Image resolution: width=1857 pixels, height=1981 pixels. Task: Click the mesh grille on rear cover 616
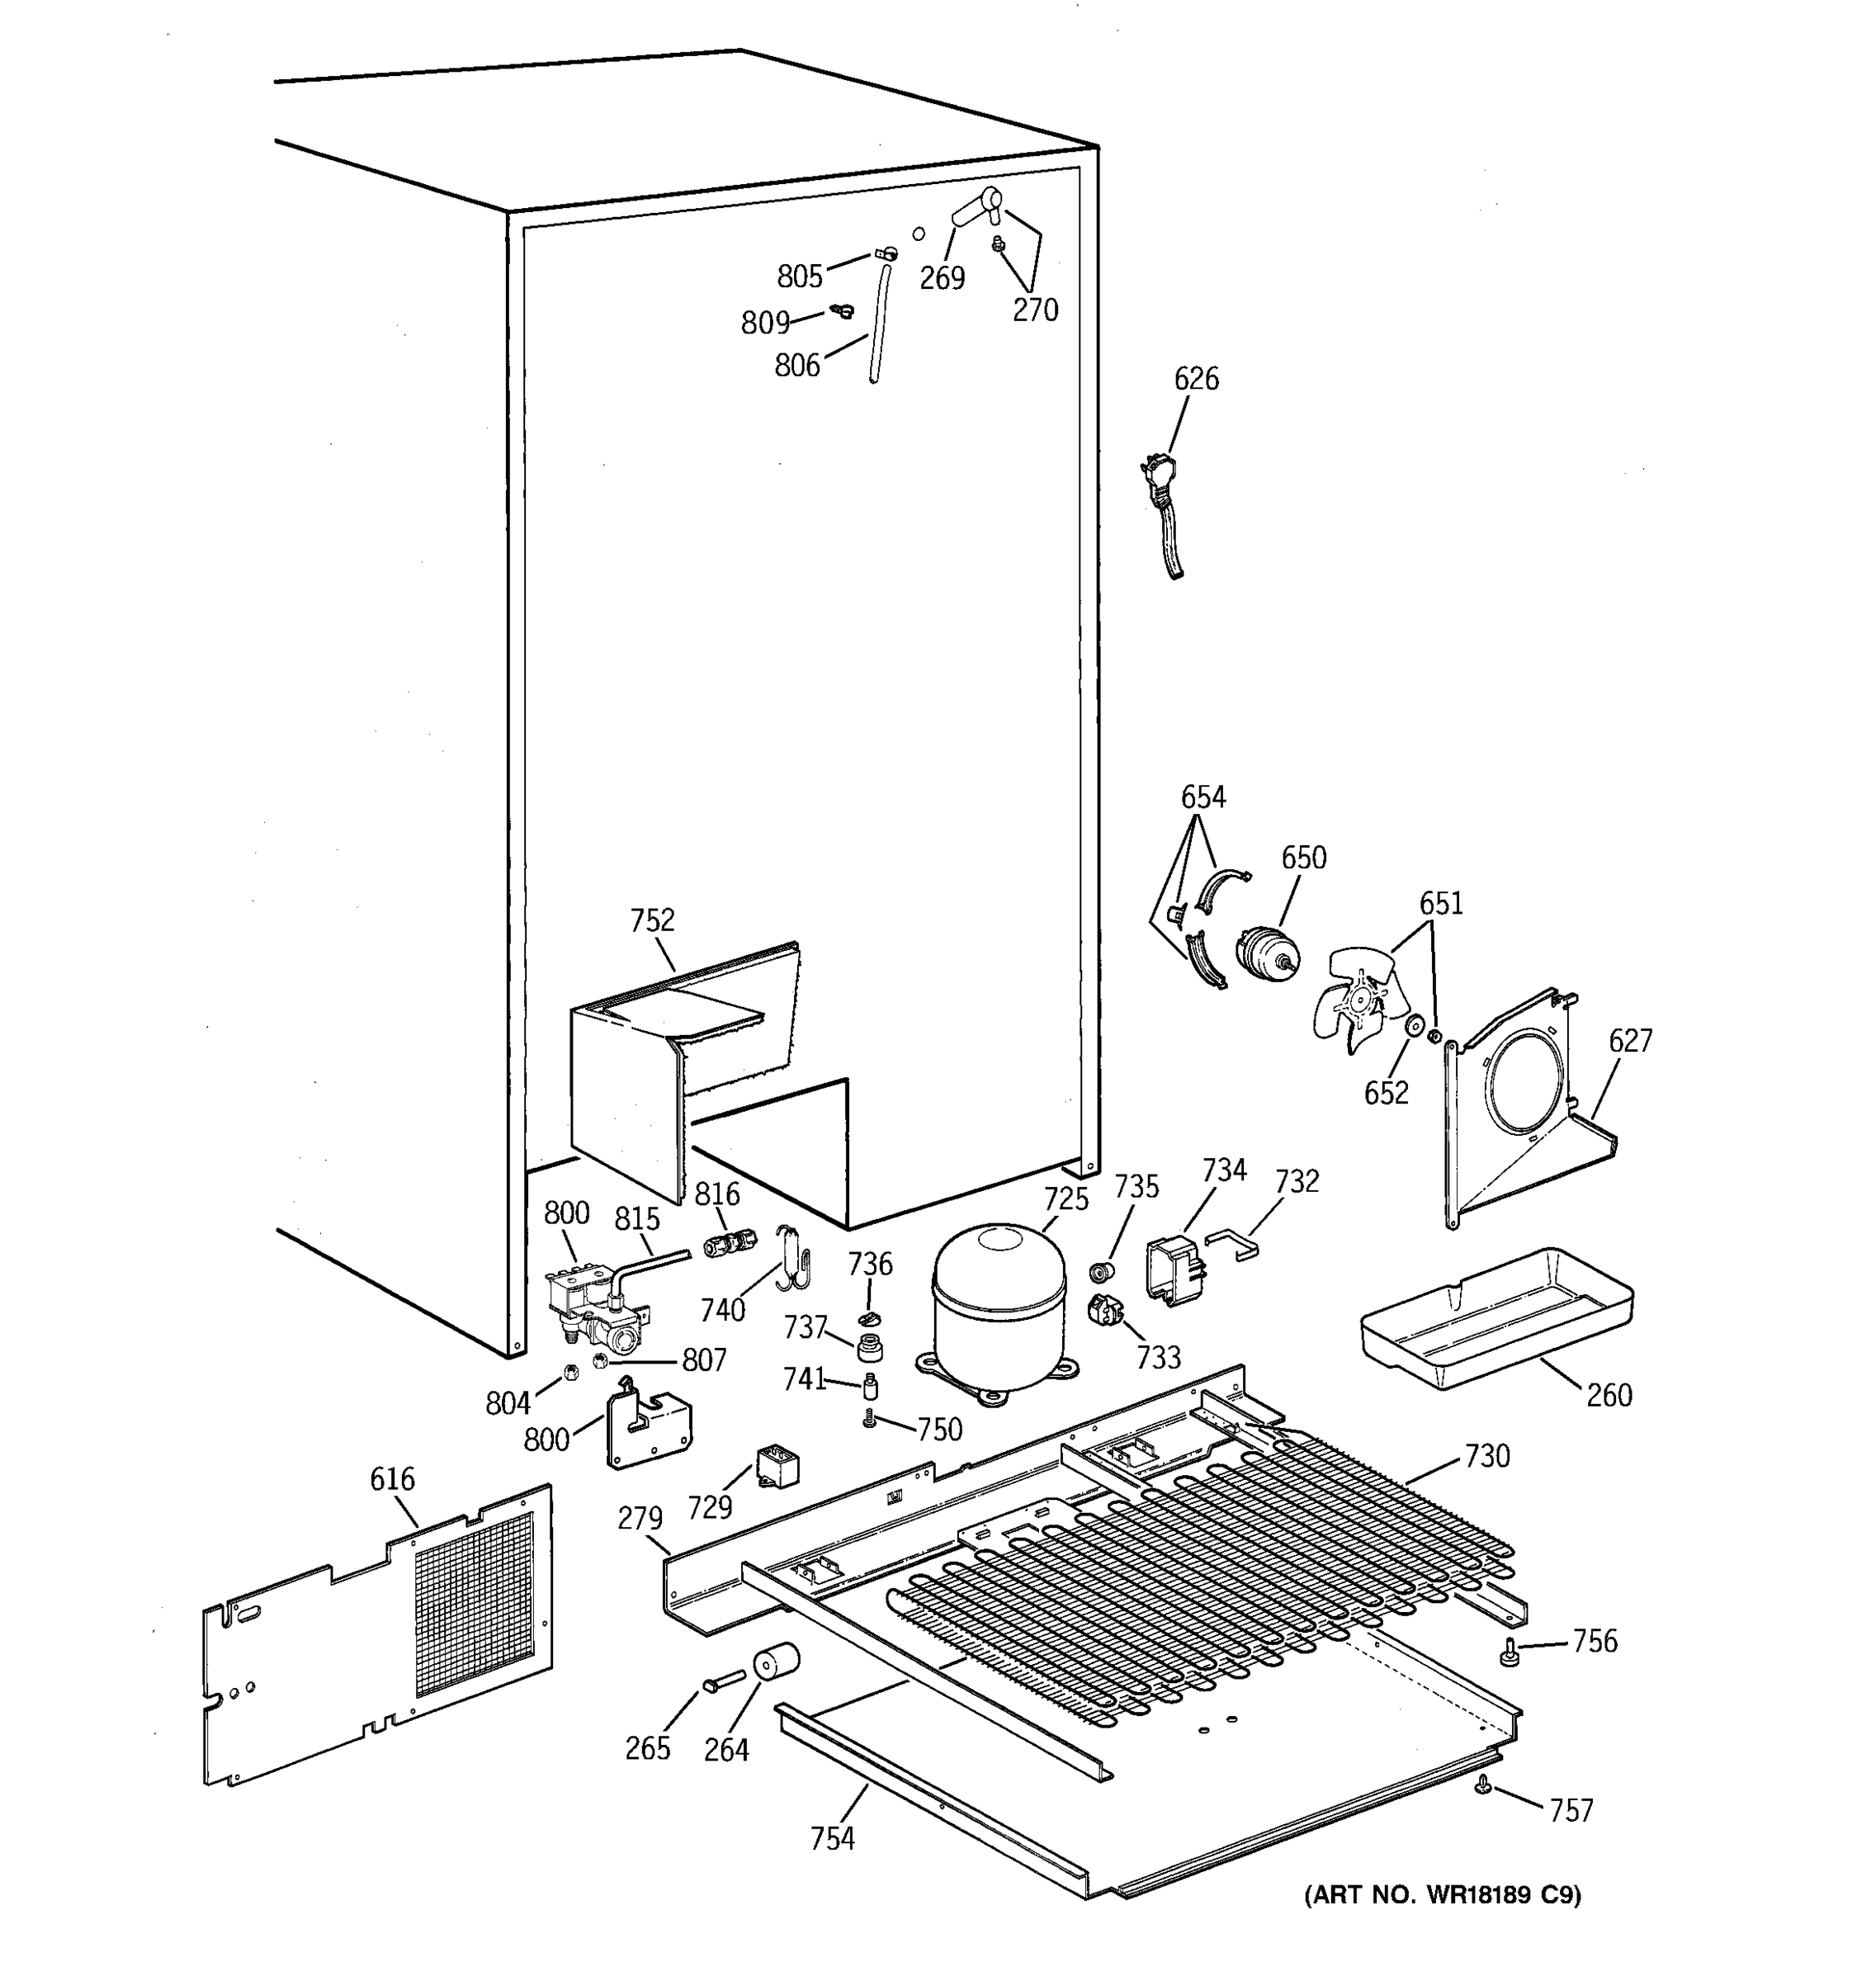coord(475,1602)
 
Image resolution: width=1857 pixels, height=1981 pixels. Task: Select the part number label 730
coord(1486,1457)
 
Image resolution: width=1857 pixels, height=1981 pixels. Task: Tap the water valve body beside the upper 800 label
coord(598,1308)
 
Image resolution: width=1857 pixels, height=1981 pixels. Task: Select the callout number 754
coord(832,1838)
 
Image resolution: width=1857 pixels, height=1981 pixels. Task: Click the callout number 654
coord(1203,797)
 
